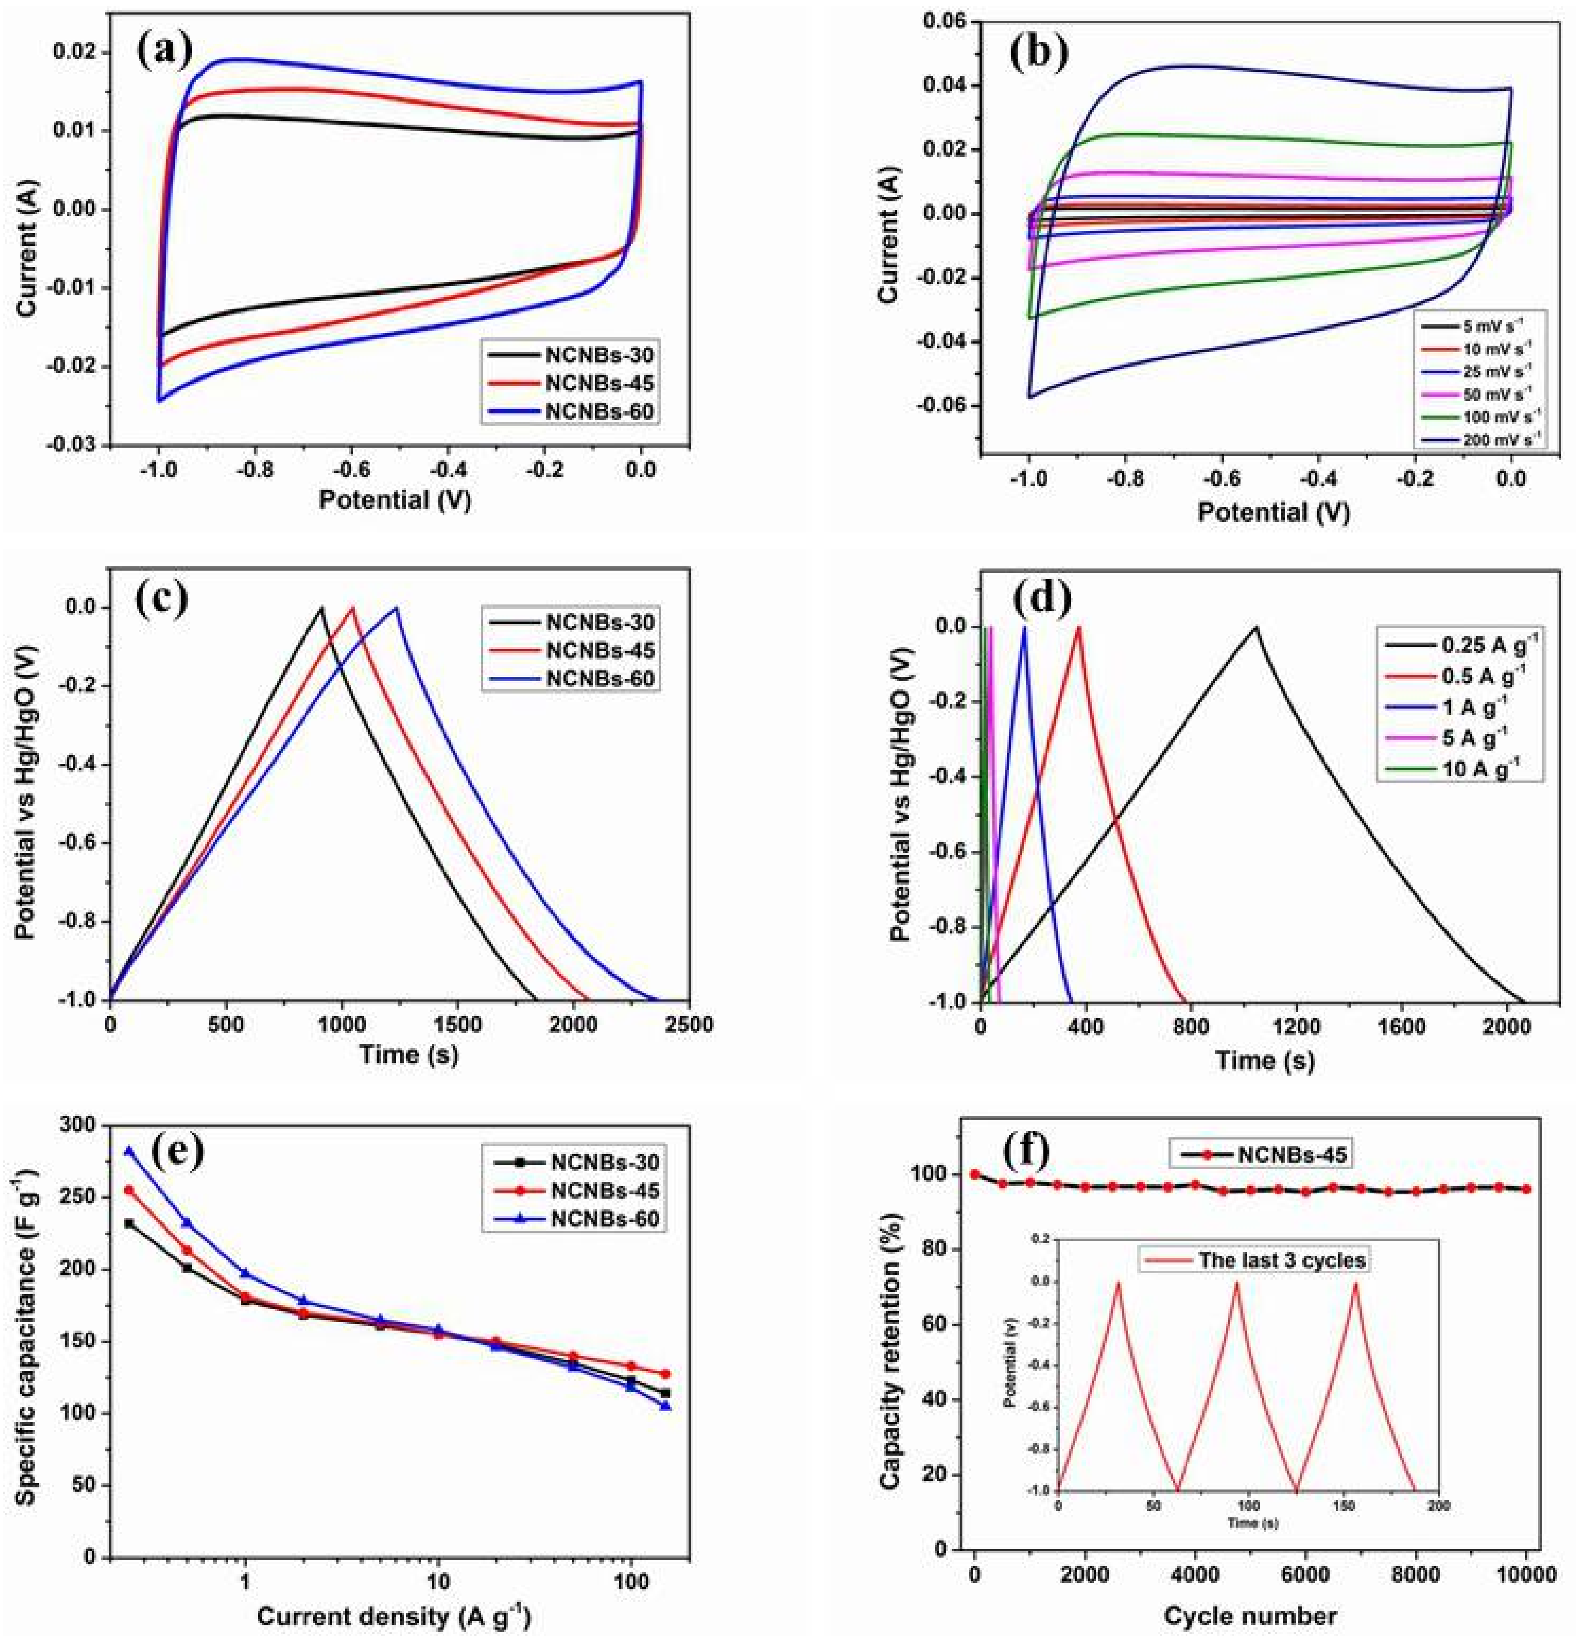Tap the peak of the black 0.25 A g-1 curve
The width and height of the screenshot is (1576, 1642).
pos(1256,627)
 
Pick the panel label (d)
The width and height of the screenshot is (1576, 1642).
pos(1041,598)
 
